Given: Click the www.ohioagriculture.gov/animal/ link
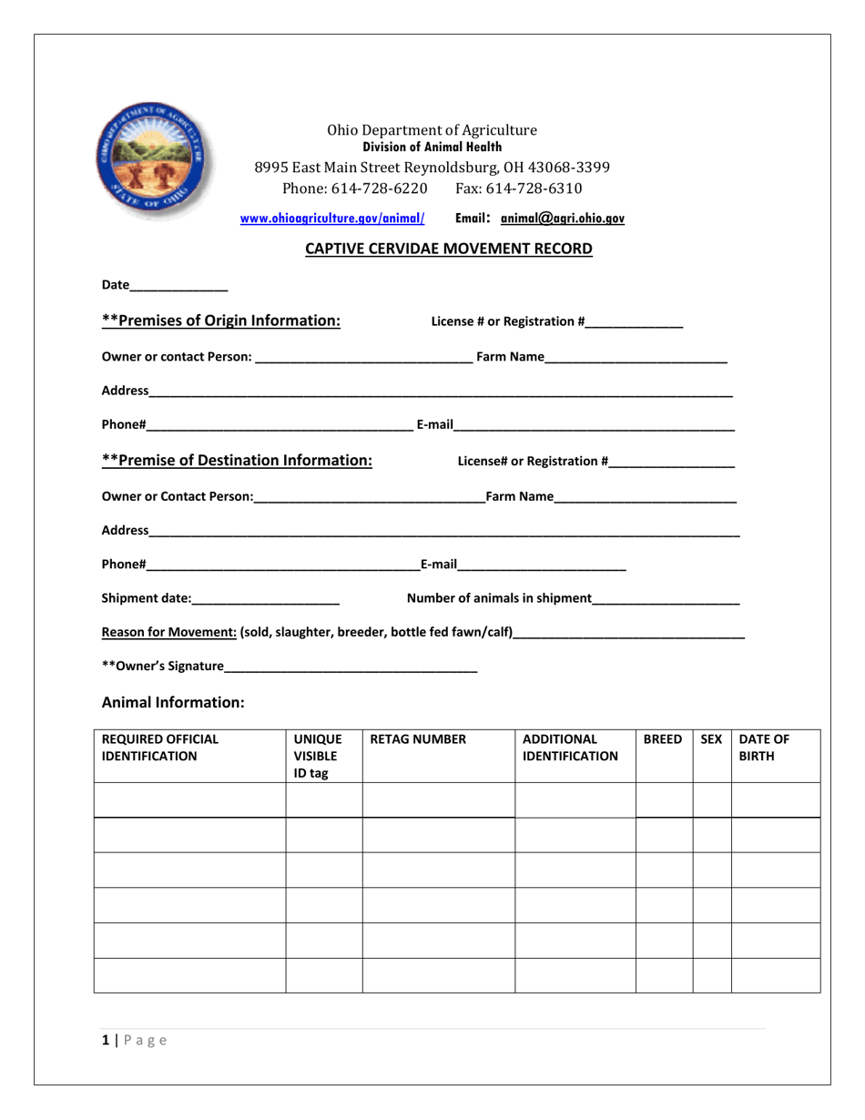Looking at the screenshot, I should [332, 219].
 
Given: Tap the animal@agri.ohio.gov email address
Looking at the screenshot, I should [563, 219].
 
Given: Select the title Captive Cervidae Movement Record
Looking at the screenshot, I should [448, 248].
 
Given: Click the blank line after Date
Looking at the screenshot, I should [179, 286].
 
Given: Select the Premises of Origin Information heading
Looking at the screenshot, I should [221, 321].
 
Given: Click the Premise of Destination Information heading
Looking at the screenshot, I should [237, 461].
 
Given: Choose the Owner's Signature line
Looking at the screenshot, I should [351, 667].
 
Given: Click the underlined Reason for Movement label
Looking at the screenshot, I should [169, 633].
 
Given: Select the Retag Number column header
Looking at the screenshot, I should [418, 740].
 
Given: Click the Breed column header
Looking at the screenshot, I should [663, 740].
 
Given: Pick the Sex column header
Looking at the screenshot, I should [711, 740].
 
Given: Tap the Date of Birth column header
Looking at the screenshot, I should [764, 748].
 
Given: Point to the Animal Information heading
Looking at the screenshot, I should [173, 702].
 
